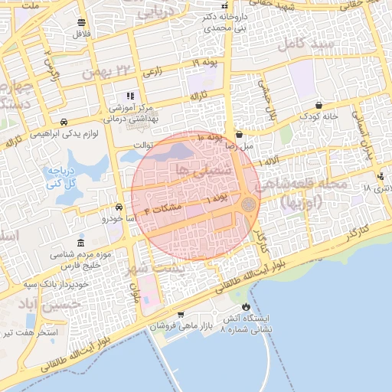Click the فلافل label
pyautogui.click(x=80, y=35)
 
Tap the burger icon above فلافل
pyautogui.click(x=81, y=22)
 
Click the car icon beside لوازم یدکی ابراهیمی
pyautogui.click(x=64, y=122)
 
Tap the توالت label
pyautogui.click(x=143, y=143)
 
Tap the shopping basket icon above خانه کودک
pyautogui.click(x=318, y=105)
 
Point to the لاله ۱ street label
pyautogui.click(x=269, y=163)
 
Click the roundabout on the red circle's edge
pyautogui.click(x=248, y=204)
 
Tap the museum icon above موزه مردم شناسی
pyautogui.click(x=81, y=242)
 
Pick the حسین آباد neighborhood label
pyautogui.click(x=28, y=305)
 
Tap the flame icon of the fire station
pyautogui.click(x=245, y=307)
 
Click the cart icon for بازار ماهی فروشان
pyautogui.click(x=180, y=315)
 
